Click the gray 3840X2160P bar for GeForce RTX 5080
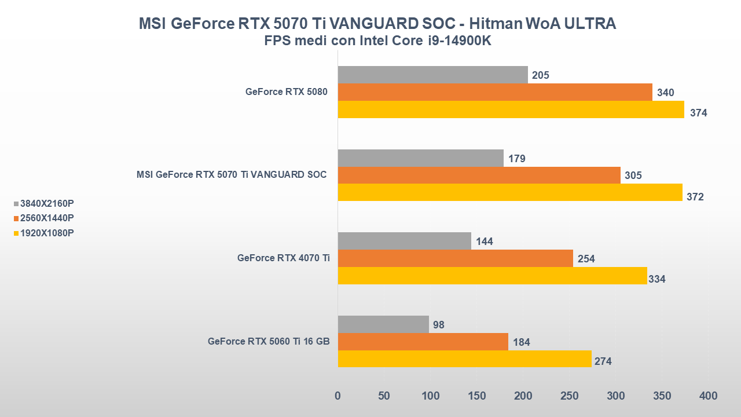[432, 75]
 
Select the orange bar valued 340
[495, 92]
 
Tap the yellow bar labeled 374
[511, 109]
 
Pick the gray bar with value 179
[420, 158]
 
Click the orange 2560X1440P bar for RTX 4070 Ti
[455, 258]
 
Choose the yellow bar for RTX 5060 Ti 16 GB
[464, 359]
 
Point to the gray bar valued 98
[383, 324]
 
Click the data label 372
[695, 197]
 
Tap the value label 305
[633, 175]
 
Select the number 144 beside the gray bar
[484, 242]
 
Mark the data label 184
[521, 342]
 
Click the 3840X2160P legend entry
[47, 204]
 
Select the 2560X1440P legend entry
[47, 218]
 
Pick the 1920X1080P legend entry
[47, 233]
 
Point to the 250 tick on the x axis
[570, 396]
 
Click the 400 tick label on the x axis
[708, 396]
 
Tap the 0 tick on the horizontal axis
[338, 396]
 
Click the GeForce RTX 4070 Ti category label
[284, 258]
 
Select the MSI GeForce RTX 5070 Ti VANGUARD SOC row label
[232, 175]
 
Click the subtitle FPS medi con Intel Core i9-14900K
[377, 41]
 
